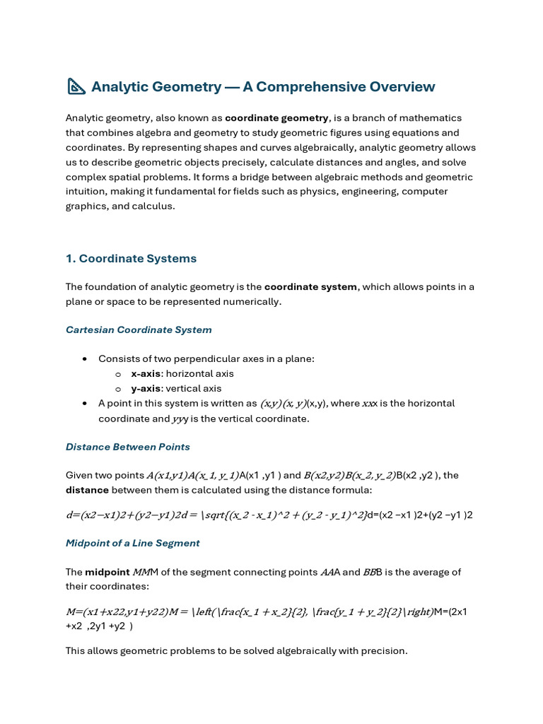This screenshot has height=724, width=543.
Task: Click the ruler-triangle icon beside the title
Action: tap(76, 87)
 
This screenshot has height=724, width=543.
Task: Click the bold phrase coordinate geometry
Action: tap(276, 118)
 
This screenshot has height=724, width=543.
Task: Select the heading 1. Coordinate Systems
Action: tap(131, 259)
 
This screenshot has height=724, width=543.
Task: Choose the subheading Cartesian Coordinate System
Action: tap(139, 330)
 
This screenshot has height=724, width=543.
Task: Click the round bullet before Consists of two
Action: tap(85, 359)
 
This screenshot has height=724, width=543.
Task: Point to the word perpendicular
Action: tap(216, 359)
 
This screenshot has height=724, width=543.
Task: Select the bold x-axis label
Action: tap(146, 374)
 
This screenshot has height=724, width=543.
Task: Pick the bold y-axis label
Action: tap(146, 389)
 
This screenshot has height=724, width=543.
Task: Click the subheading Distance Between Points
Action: tap(128, 447)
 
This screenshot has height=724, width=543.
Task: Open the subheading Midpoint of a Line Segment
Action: tap(133, 543)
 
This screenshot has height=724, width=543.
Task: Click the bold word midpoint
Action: tap(107, 572)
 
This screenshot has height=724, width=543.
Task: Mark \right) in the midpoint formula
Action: tap(418, 612)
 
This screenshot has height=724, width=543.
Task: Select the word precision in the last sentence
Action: tap(383, 650)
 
